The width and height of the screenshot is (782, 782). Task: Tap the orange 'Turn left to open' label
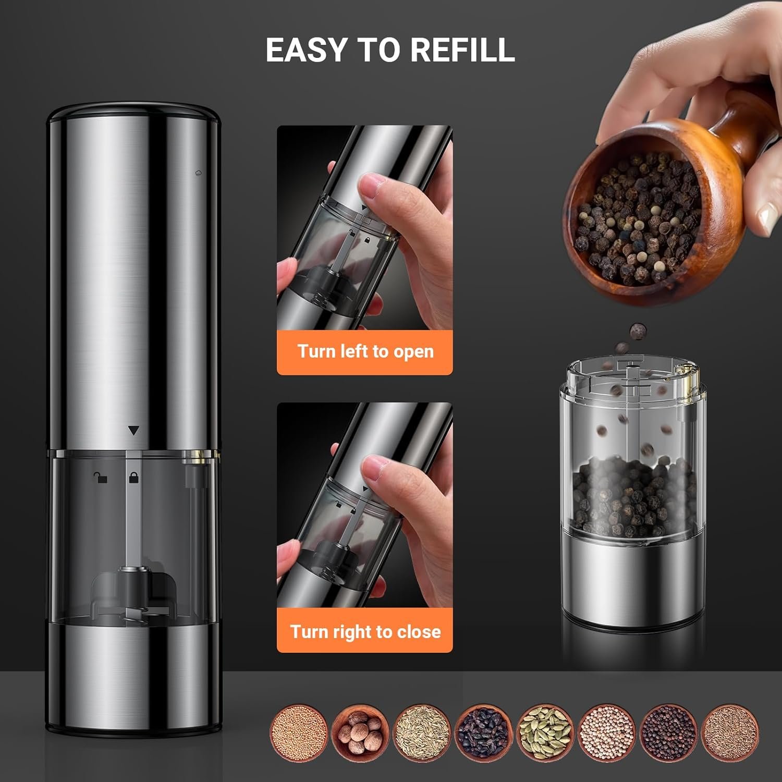point(364,352)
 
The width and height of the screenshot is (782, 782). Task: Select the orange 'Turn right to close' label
point(364,631)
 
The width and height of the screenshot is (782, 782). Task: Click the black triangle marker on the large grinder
point(134,431)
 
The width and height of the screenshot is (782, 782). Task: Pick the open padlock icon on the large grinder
point(100,476)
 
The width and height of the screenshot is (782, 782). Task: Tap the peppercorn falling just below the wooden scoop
point(637,331)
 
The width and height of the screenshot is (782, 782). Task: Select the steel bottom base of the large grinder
point(134,678)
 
